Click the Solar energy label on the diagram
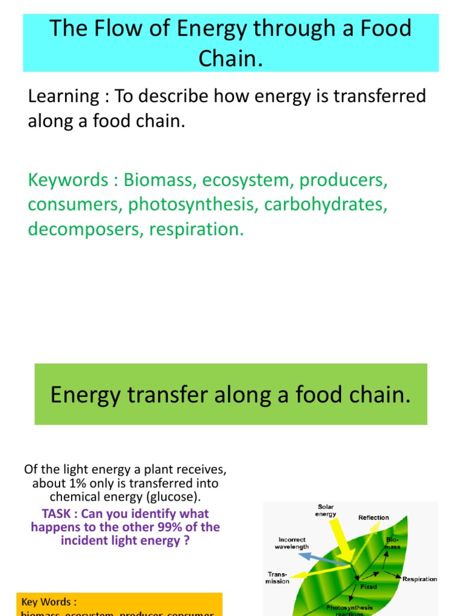point(325,510)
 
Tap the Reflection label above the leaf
point(374,517)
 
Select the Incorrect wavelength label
point(292,543)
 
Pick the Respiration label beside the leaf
point(419,579)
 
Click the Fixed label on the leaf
point(369,587)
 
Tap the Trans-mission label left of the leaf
point(278,577)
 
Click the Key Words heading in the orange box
point(49,602)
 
